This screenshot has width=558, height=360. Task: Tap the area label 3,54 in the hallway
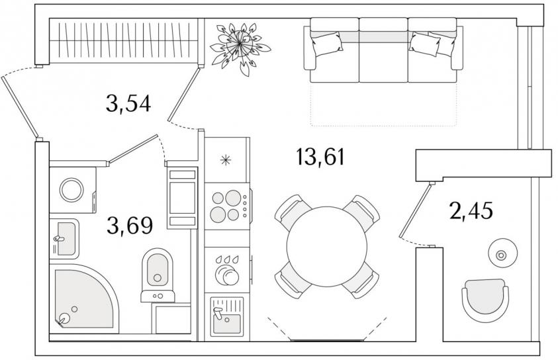[x=128, y=104]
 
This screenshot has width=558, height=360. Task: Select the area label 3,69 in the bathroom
[x=130, y=226]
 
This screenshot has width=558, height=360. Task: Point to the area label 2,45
[x=471, y=212]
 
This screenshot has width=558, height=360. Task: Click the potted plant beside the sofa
[x=239, y=45]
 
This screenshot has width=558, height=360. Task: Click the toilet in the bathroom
[x=158, y=271]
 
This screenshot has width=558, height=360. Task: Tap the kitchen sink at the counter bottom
[x=226, y=316]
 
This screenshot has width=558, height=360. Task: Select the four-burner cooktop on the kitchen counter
[x=227, y=205]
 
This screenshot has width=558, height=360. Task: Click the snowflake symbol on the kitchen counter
[x=226, y=159]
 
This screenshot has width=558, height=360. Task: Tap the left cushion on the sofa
[x=328, y=44]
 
